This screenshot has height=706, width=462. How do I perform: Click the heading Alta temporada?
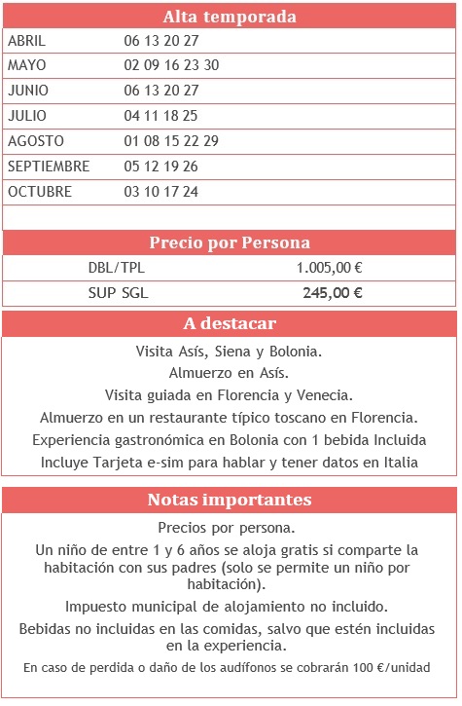point(230,17)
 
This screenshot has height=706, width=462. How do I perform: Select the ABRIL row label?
point(26,41)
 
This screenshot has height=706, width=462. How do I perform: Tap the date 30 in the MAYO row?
point(212,65)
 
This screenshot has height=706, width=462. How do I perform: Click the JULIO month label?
point(27,116)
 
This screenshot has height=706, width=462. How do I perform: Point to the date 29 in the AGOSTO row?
point(211,141)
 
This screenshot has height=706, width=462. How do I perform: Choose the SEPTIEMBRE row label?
point(49,167)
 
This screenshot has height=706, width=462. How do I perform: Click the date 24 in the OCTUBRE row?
point(191,192)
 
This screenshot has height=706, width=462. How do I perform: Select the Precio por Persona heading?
point(230,242)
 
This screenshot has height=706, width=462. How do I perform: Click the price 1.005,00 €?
point(330,268)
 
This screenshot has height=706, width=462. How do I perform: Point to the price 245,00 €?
point(333,293)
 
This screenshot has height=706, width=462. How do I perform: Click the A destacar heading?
point(230,324)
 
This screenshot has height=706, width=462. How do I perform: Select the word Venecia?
point(326,394)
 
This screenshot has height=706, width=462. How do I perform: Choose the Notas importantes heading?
point(230,501)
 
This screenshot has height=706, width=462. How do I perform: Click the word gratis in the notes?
point(329,550)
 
